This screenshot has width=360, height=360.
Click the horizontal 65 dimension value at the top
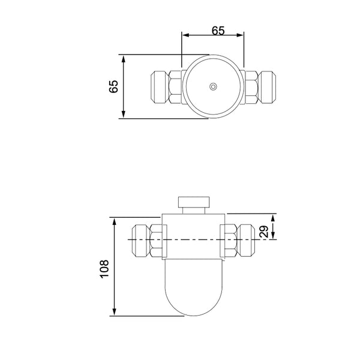click(x=218, y=31)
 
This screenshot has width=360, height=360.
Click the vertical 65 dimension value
click(x=113, y=86)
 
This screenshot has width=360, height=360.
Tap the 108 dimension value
click(x=104, y=269)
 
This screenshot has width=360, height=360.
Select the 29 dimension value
click(x=264, y=232)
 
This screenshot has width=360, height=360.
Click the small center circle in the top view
click(x=213, y=86)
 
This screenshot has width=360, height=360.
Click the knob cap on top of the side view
click(x=194, y=202)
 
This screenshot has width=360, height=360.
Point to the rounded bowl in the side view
click(x=194, y=287)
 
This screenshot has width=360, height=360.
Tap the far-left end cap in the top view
click(x=160, y=86)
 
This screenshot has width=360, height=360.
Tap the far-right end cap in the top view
click(x=267, y=86)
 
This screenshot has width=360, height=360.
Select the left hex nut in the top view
click(x=175, y=86)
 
